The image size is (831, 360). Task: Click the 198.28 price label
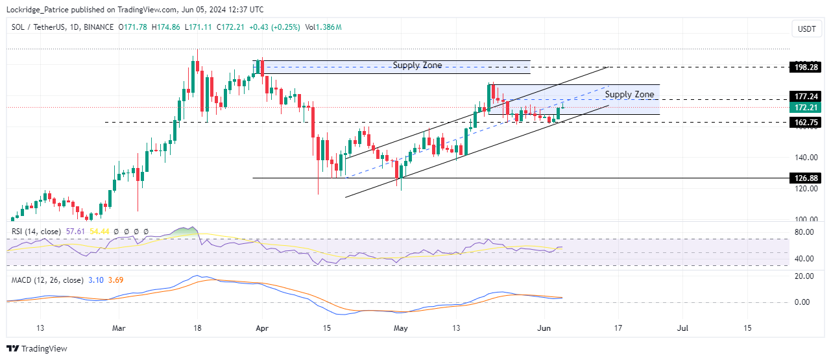[x=805, y=67]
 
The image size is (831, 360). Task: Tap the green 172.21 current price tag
[x=805, y=108]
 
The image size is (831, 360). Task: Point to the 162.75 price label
[x=805, y=122]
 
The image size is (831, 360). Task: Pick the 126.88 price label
[x=805, y=178]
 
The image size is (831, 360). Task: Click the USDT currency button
[x=806, y=29]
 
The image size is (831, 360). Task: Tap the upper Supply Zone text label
[x=417, y=66]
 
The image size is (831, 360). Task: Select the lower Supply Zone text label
[x=629, y=95]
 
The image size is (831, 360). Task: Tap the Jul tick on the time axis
[x=682, y=328]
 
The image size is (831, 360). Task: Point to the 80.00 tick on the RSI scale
[x=804, y=232]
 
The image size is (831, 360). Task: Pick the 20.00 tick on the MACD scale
[x=804, y=276]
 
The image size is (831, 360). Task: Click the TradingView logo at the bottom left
[x=37, y=349]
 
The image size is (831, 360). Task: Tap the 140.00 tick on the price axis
[x=804, y=158]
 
